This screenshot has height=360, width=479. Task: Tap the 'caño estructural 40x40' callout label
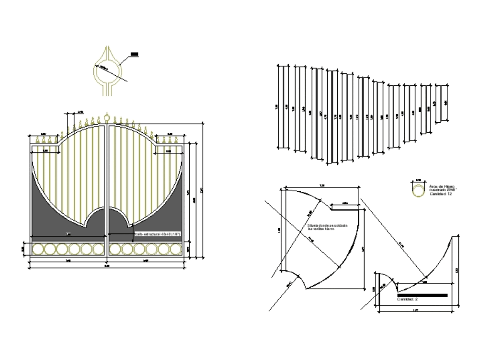(x=157, y=234)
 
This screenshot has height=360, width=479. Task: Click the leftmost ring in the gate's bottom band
(x=38, y=249)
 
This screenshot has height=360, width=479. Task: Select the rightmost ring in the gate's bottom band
(x=175, y=249)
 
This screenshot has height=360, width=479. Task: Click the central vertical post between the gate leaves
(x=106, y=192)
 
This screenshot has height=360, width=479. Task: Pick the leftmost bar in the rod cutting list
(x=283, y=107)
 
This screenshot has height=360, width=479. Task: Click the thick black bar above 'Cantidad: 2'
(x=422, y=295)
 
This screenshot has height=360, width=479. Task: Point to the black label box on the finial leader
(x=135, y=55)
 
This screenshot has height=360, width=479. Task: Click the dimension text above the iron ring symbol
(x=419, y=180)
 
